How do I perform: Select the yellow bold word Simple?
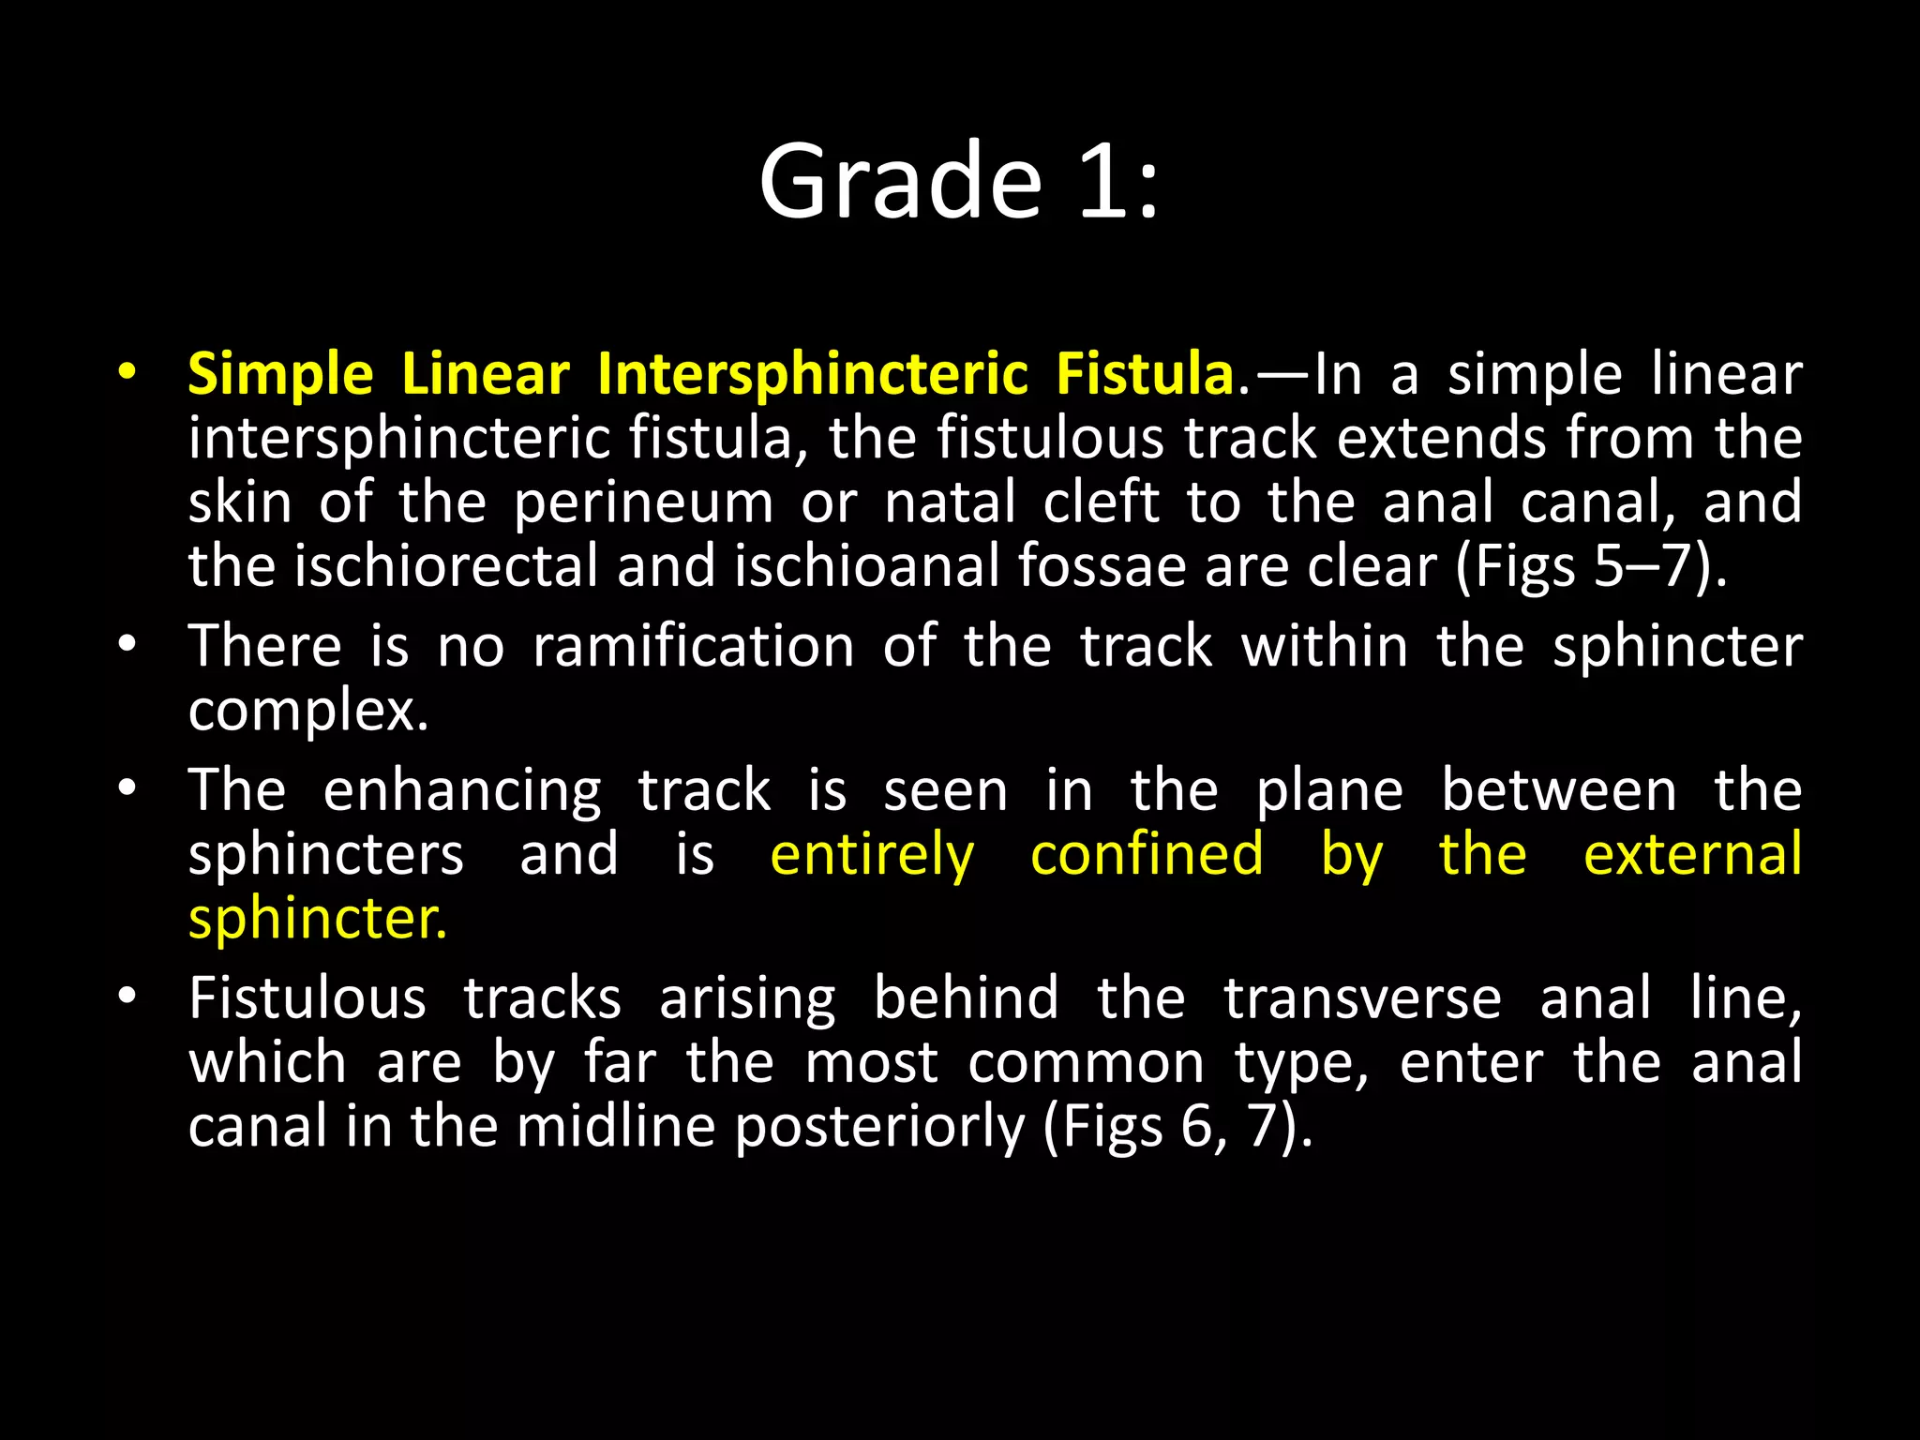[280, 375]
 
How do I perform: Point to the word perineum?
[643, 502]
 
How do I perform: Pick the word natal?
[950, 502]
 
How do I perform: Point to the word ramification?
[693, 647]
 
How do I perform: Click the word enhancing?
[462, 791]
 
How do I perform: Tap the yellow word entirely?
[872, 855]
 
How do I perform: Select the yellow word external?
[1692, 854]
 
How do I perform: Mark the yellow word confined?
[1147, 854]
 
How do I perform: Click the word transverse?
[1362, 997]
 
